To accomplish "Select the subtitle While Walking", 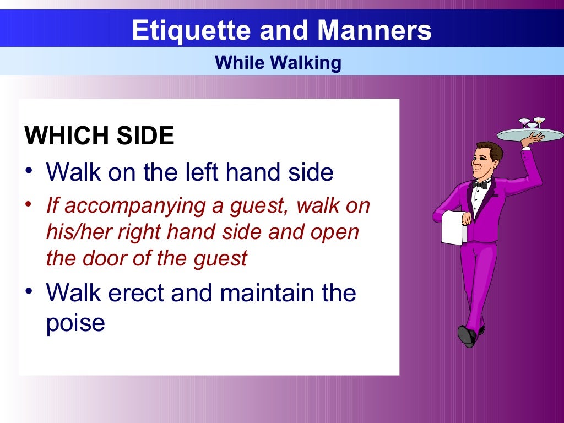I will [x=278, y=62].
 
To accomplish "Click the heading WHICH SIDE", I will [x=100, y=136].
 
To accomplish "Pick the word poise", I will [x=75, y=322].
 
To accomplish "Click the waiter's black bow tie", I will [x=481, y=185].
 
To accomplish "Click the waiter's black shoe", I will [x=467, y=335].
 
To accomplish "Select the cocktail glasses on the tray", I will [x=532, y=122].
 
